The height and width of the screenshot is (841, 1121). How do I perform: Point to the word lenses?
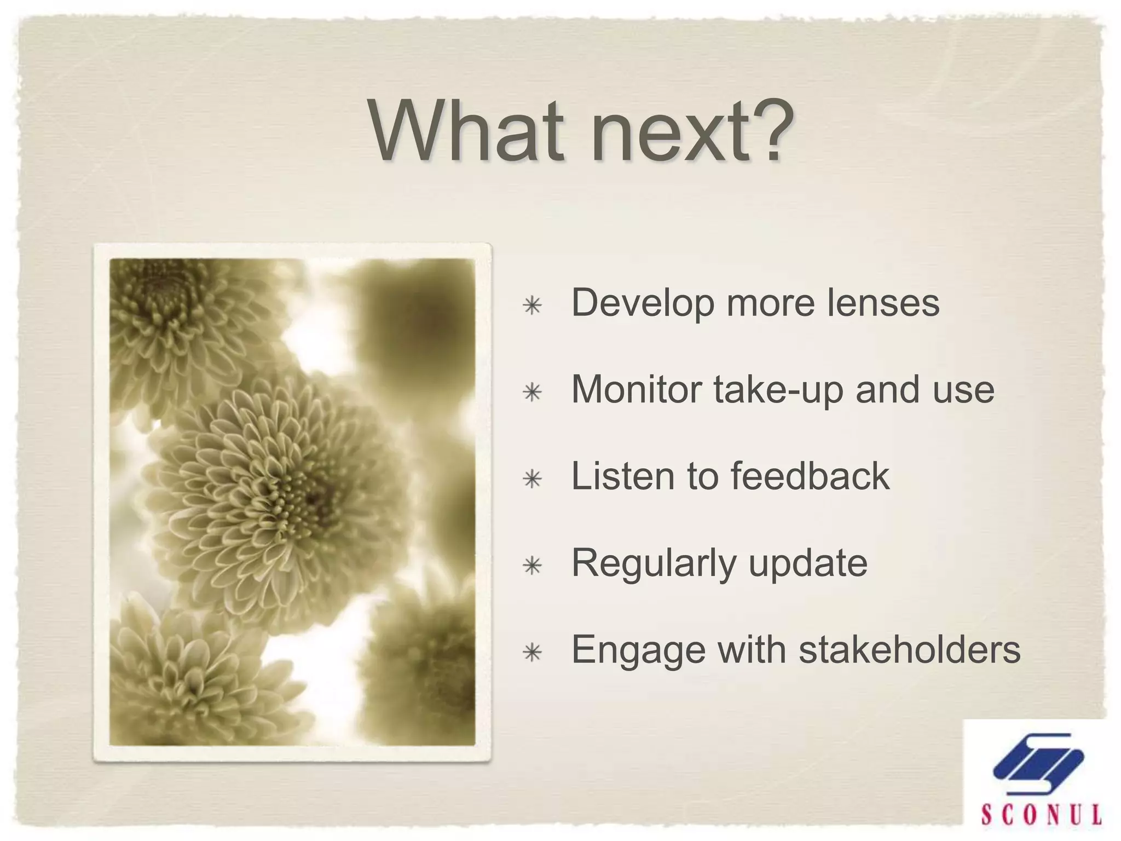tap(882, 302)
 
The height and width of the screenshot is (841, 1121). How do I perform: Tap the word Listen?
tap(622, 476)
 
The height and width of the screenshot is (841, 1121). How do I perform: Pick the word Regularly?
tap(654, 564)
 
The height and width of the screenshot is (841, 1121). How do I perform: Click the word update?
tap(808, 564)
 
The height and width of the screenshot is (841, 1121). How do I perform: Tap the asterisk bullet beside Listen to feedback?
tap(532, 479)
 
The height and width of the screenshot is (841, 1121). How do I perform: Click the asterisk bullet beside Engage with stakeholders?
tap(532, 653)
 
